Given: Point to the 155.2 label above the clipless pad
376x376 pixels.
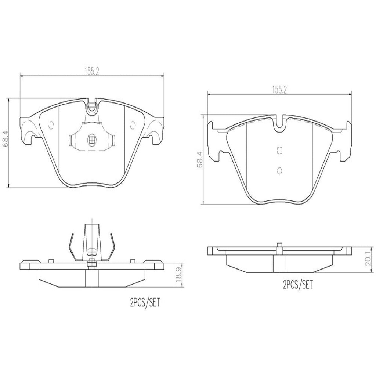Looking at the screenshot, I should (x=279, y=89).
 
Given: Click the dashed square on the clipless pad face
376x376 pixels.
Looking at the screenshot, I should (x=279, y=150).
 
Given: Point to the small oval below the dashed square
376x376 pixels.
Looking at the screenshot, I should (x=279, y=170).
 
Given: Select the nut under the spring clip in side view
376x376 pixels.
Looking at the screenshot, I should (x=91, y=263).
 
